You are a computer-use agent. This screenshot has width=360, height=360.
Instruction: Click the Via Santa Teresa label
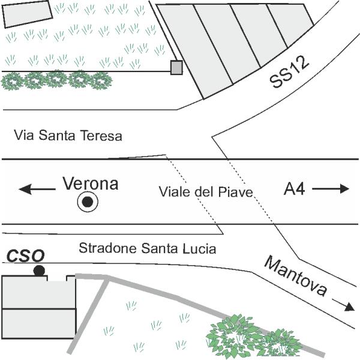coord(68,136)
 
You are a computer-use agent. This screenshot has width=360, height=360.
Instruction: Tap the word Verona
coord(91,184)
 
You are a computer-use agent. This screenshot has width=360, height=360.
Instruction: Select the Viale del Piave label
coord(206,192)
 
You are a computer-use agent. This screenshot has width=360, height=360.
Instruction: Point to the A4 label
coord(295,189)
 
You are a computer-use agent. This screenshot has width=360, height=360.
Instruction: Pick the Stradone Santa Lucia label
coord(148,248)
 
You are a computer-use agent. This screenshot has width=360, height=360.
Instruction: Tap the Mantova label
coord(296,277)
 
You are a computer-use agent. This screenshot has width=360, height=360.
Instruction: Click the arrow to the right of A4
coord(331,188)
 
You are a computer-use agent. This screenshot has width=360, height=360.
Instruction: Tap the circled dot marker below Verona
coord(88,203)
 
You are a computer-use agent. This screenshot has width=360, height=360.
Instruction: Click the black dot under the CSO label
coord(40,271)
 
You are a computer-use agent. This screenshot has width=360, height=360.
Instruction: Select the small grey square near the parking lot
coord(176,68)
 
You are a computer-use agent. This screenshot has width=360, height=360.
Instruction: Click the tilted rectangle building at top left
coord(28,13)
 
